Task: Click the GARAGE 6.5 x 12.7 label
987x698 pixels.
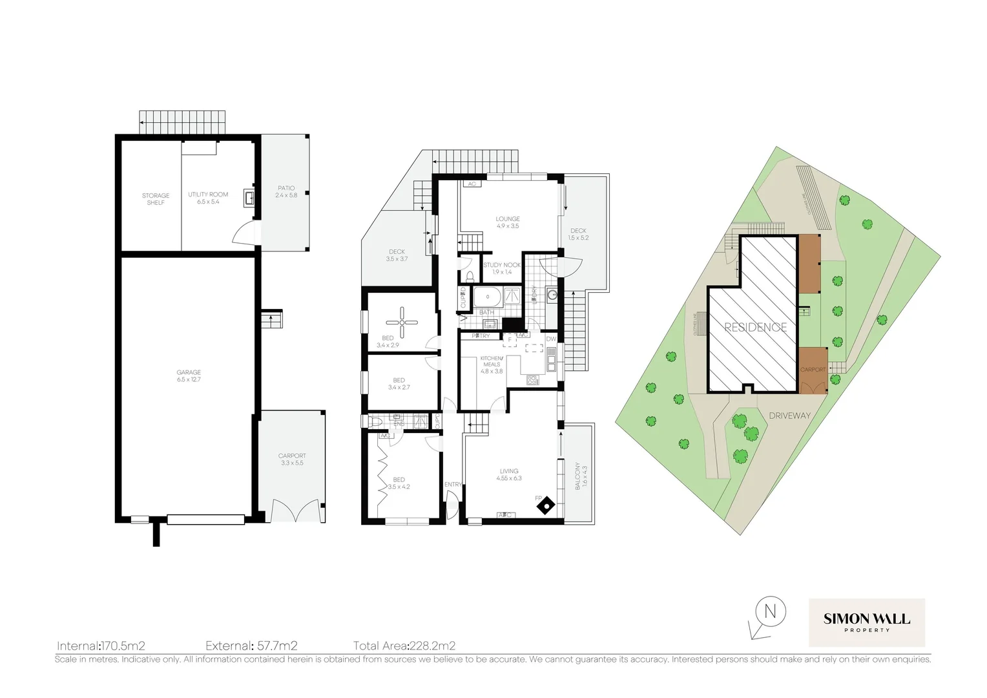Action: tap(189, 375)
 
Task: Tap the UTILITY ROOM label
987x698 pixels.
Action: tap(208, 198)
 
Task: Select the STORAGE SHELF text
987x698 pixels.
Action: tap(156, 198)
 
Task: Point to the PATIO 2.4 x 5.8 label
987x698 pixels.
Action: tap(286, 191)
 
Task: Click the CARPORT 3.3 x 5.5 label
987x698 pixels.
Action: tap(292, 459)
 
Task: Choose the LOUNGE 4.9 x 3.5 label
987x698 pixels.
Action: tap(508, 222)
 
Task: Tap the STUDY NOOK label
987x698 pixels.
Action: tap(502, 268)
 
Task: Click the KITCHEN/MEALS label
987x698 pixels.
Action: tap(491, 365)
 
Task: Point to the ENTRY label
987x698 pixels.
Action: tap(453, 485)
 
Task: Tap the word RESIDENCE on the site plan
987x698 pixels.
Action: tap(755, 327)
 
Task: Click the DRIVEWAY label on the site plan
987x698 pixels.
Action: tap(789, 416)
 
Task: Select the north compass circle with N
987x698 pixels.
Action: tap(769, 611)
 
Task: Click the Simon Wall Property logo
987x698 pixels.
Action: tap(866, 622)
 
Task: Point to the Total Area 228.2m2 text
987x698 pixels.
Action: tap(404, 645)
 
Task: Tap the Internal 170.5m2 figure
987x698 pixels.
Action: tap(101, 645)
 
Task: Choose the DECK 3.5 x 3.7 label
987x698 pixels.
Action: tap(397, 255)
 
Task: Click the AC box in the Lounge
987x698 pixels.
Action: tap(472, 184)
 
